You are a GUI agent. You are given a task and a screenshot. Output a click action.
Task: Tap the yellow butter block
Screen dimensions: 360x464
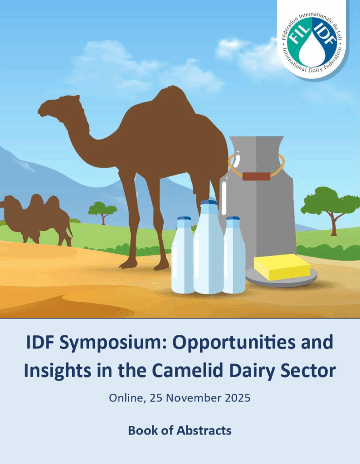point(282,267)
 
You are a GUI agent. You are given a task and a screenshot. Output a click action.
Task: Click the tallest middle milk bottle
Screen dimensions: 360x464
point(209,247)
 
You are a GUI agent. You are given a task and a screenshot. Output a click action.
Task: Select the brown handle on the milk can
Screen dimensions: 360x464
point(256,176)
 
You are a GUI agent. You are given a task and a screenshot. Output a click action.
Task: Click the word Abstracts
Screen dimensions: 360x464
point(204,430)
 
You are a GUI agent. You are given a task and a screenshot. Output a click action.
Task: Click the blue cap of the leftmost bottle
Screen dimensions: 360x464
point(184,218)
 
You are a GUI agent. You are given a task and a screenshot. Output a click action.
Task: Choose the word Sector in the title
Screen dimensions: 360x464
point(313,370)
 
